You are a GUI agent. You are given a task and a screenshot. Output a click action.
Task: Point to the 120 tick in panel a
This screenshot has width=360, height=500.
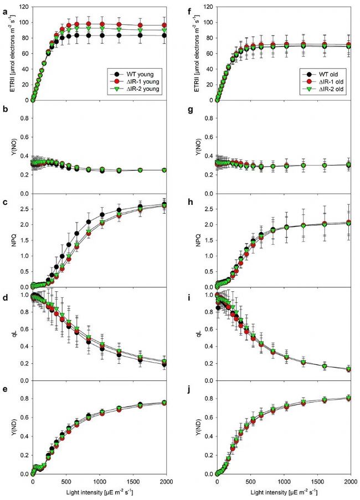24,7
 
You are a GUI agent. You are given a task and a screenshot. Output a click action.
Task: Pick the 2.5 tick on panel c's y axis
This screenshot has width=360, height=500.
24,209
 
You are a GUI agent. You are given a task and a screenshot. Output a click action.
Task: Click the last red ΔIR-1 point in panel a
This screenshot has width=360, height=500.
164,25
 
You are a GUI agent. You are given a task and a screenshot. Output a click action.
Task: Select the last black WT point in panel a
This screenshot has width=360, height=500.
164,35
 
